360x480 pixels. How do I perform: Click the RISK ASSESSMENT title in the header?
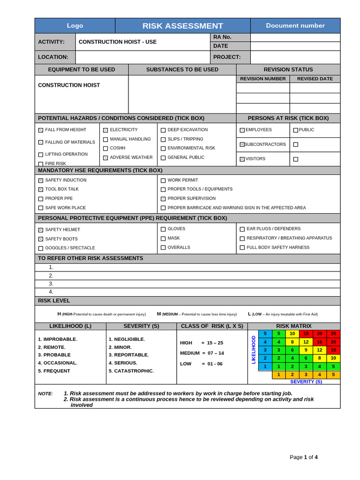(183, 26)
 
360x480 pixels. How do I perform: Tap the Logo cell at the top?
(75, 26)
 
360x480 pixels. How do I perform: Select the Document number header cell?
(295, 26)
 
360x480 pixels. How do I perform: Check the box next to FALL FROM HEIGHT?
(41, 130)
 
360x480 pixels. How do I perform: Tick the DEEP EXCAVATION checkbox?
(163, 130)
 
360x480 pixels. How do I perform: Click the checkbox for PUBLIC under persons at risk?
(295, 130)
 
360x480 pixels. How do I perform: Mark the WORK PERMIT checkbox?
(163, 180)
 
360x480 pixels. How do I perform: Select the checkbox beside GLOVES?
(163, 229)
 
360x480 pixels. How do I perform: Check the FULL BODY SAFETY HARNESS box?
(242, 247)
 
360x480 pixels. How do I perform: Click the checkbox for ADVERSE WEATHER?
(105, 158)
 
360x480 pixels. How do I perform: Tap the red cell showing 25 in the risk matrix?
(333, 334)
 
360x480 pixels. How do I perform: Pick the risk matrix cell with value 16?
(320, 342)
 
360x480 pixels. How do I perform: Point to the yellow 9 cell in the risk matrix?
(306, 350)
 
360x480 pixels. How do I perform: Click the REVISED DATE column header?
(315, 79)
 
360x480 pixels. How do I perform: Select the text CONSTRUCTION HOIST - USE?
(118, 42)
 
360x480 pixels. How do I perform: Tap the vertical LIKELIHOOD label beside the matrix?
(254, 350)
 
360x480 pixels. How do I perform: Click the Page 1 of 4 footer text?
(304, 457)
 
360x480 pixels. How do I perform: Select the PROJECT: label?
(227, 57)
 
